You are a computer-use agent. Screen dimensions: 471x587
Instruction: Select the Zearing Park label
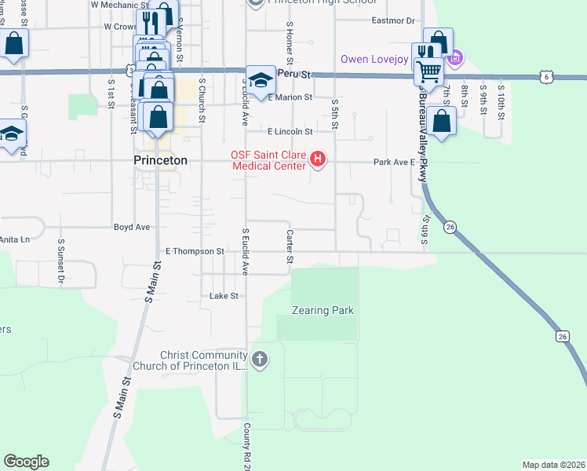[324, 310]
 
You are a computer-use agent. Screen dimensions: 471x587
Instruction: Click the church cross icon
[260, 360]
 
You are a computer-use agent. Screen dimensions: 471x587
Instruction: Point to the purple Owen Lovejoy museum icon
[454, 58]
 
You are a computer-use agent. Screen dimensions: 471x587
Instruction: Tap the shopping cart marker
[428, 72]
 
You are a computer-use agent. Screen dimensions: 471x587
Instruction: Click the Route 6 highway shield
[546, 77]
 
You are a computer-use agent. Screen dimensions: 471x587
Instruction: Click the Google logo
[26, 462]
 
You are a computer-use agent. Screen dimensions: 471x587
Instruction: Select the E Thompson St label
[195, 251]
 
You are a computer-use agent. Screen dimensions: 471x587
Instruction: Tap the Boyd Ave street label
[131, 227]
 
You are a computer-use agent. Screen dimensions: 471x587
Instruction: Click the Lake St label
[223, 296]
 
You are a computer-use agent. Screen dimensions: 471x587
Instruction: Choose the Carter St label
[290, 246]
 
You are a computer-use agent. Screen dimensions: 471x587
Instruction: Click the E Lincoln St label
[290, 131]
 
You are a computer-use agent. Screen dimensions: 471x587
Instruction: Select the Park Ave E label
[393, 162]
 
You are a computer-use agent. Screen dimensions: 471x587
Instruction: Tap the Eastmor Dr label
[392, 21]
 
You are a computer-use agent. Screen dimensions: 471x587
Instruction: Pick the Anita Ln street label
[14, 239]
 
